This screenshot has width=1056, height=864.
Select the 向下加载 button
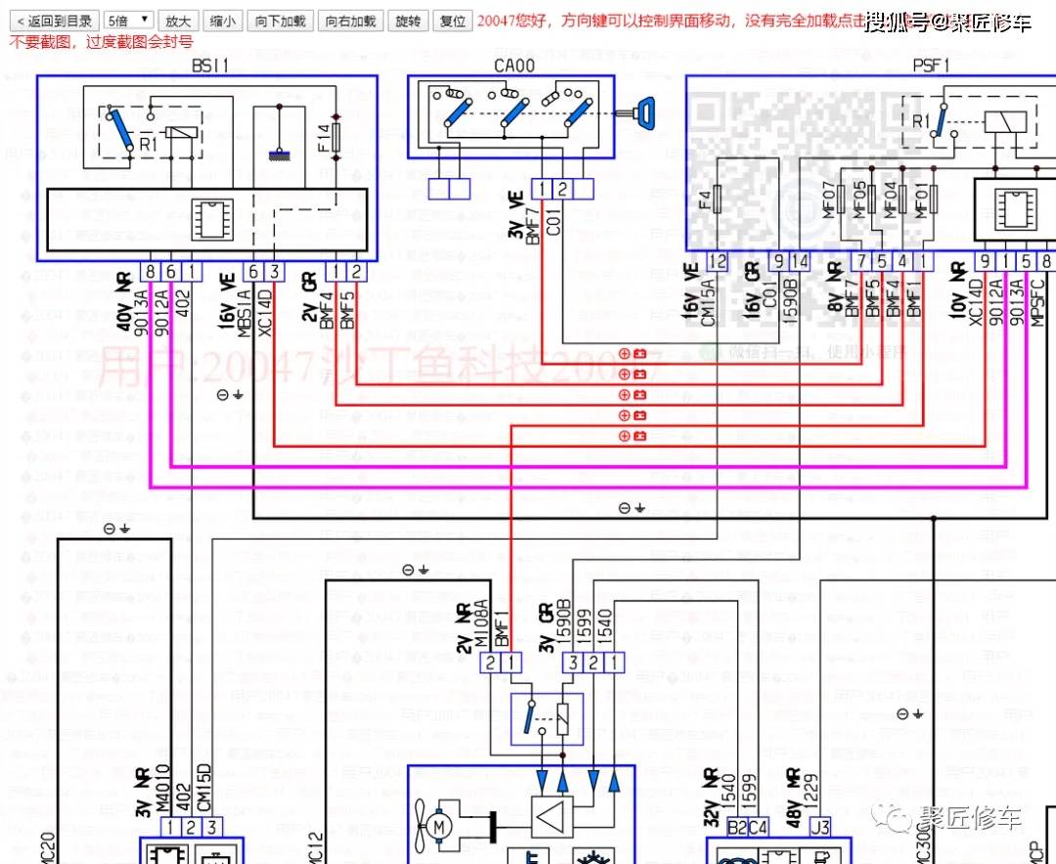click(281, 21)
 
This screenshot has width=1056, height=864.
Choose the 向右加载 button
click(351, 21)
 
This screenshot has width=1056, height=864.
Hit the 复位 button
click(452, 21)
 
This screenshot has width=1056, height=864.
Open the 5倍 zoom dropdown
click(129, 21)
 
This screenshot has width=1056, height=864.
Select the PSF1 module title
click(931, 65)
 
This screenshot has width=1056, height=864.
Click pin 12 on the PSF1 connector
click(719, 261)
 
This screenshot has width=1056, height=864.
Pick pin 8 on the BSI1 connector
click(150, 271)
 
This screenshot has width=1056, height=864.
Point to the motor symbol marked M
click(439, 827)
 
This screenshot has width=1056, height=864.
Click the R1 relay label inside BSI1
click(148, 144)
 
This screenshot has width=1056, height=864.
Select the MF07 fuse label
click(829, 199)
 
